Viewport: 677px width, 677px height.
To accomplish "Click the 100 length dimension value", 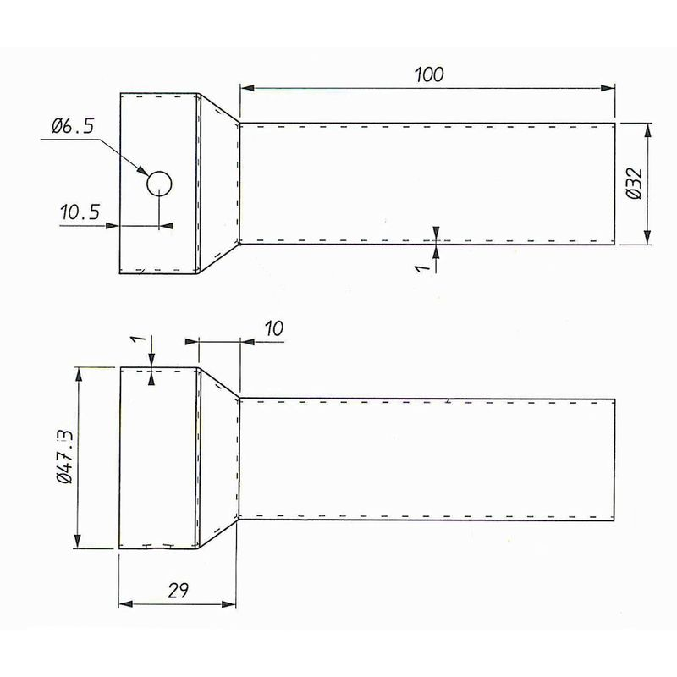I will click(x=429, y=74).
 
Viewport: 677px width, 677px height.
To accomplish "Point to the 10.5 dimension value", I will click(x=80, y=212).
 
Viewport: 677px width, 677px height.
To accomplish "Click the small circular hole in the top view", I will click(x=159, y=183).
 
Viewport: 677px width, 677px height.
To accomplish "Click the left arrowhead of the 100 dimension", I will click(x=245, y=87).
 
